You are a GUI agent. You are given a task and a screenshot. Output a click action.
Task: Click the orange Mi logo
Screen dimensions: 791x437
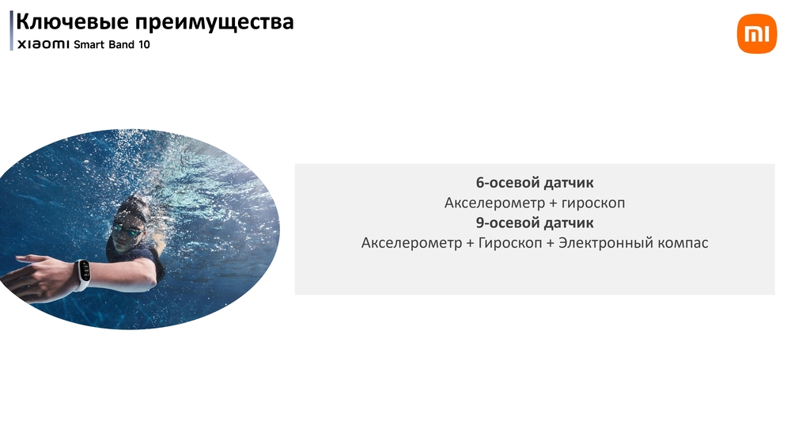[x=757, y=34]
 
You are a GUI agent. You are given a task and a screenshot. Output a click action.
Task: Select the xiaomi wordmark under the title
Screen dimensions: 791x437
[x=44, y=44]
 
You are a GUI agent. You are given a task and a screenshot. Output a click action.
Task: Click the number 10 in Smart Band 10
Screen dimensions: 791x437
[x=144, y=44]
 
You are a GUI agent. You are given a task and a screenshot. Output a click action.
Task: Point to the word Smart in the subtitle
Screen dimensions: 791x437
[x=89, y=44]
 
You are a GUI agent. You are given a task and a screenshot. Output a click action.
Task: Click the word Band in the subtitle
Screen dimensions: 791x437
[x=122, y=44]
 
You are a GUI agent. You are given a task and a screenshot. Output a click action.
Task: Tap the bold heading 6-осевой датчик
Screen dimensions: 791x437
[x=535, y=182]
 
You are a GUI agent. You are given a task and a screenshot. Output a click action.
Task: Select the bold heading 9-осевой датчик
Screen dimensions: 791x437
[x=535, y=222]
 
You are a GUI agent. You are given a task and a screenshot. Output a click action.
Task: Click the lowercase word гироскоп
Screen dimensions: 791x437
[x=593, y=203]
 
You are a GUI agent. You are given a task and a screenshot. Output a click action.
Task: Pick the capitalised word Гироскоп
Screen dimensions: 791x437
[x=510, y=243]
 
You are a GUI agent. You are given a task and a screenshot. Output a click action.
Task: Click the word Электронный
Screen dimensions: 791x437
[x=606, y=243]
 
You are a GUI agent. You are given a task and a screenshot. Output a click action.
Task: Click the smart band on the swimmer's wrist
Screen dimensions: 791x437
[x=83, y=275]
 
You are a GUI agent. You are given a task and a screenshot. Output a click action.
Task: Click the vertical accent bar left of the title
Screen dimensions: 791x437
[x=11, y=30]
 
